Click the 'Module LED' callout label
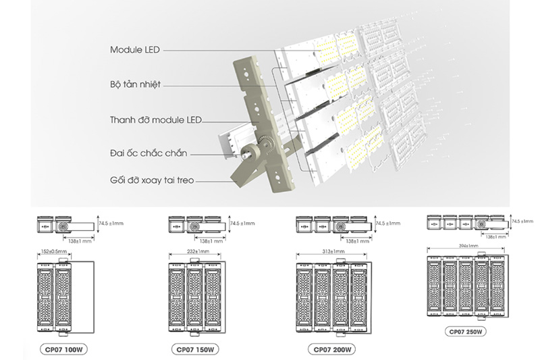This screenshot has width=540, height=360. [x=135, y=50]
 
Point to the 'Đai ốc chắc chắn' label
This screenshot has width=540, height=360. [x=148, y=152]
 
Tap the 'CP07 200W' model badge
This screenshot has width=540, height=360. [x=330, y=350]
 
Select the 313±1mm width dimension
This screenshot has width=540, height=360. [x=330, y=252]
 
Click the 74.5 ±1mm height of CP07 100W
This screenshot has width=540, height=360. [x=109, y=223]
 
